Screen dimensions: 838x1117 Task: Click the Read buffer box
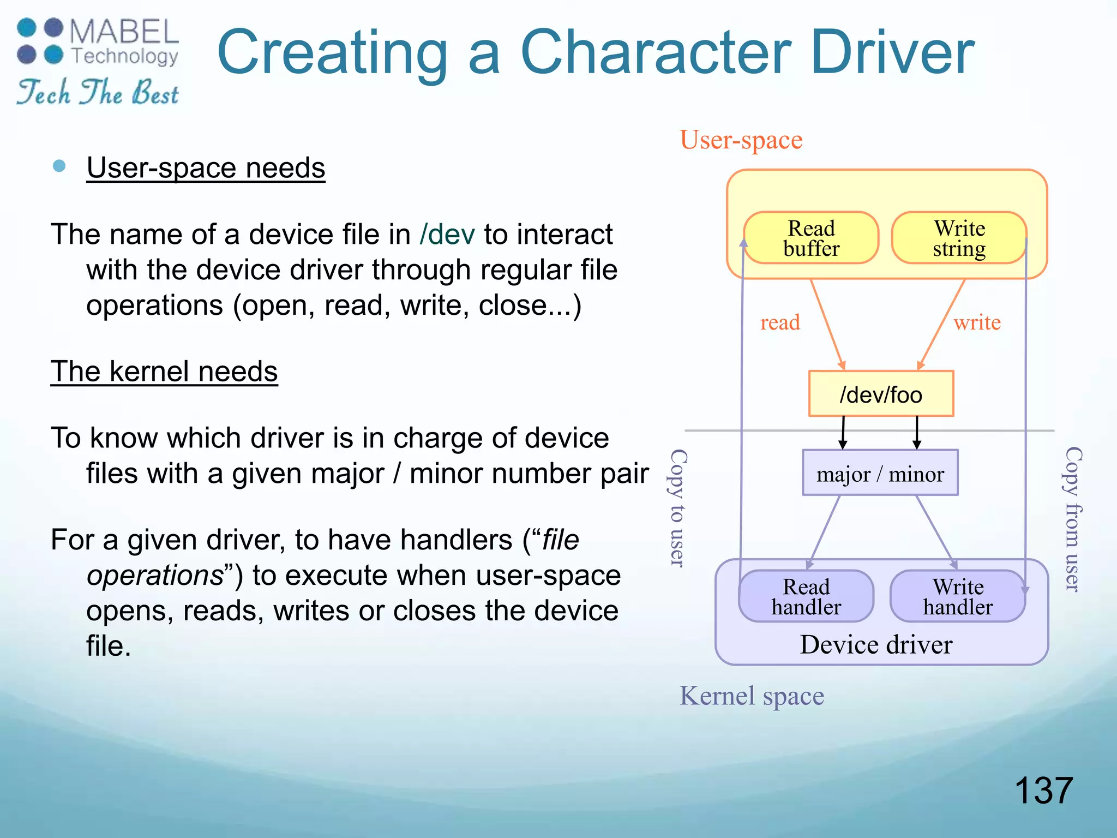[x=811, y=238]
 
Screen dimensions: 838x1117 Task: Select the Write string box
[x=959, y=238]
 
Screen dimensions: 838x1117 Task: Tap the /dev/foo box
[x=881, y=394]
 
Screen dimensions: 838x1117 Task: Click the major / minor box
[x=880, y=473]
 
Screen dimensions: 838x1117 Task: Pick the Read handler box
[x=806, y=596]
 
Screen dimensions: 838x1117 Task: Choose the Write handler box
[x=958, y=596]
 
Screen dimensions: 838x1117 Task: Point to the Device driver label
[x=876, y=645]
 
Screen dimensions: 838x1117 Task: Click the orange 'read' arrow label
[x=780, y=322]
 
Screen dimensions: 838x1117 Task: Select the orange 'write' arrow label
[x=977, y=322]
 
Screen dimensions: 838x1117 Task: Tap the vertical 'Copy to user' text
[x=677, y=508]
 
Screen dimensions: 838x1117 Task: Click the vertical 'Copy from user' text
[x=1073, y=519]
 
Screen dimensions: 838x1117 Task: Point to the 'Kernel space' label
[x=752, y=696]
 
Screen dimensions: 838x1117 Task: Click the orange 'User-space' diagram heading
[x=741, y=140]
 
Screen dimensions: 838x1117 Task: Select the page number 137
[x=1043, y=791]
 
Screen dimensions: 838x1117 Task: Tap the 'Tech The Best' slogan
[x=98, y=92]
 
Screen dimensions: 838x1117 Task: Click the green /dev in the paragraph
[x=447, y=235]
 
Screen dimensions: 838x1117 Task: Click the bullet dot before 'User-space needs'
[x=59, y=166]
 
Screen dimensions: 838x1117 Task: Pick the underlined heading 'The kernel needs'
[x=164, y=372]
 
